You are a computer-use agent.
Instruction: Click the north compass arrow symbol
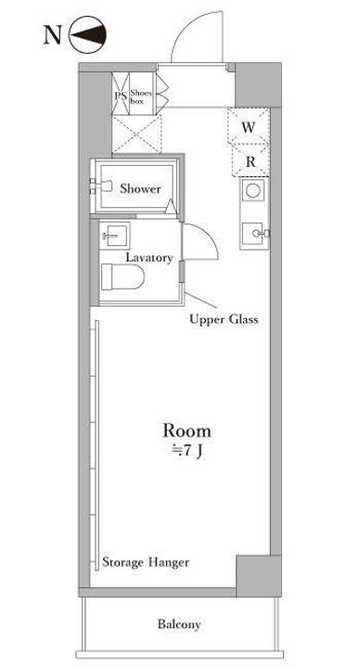coord(87,34)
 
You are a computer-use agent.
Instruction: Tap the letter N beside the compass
coord(52,35)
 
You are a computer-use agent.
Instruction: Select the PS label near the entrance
coord(121,96)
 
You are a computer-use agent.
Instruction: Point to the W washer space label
coord(249,127)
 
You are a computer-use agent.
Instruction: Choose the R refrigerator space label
coord(251,161)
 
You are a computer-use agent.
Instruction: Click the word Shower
coord(140,188)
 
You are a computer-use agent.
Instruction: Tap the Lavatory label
coord(149,258)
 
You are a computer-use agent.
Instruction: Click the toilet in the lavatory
coord(122,276)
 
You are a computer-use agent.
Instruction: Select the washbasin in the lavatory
coord(115,236)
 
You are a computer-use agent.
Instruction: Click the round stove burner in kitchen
coord(252,190)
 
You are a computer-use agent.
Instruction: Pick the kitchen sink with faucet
coord(254,234)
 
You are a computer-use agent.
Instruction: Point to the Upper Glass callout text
coord(224,319)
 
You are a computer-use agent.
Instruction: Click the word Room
coord(186,430)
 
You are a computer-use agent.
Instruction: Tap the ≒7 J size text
coord(187,452)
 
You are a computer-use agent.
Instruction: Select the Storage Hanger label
coord(146,562)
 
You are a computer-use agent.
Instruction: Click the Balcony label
coord(179,624)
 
